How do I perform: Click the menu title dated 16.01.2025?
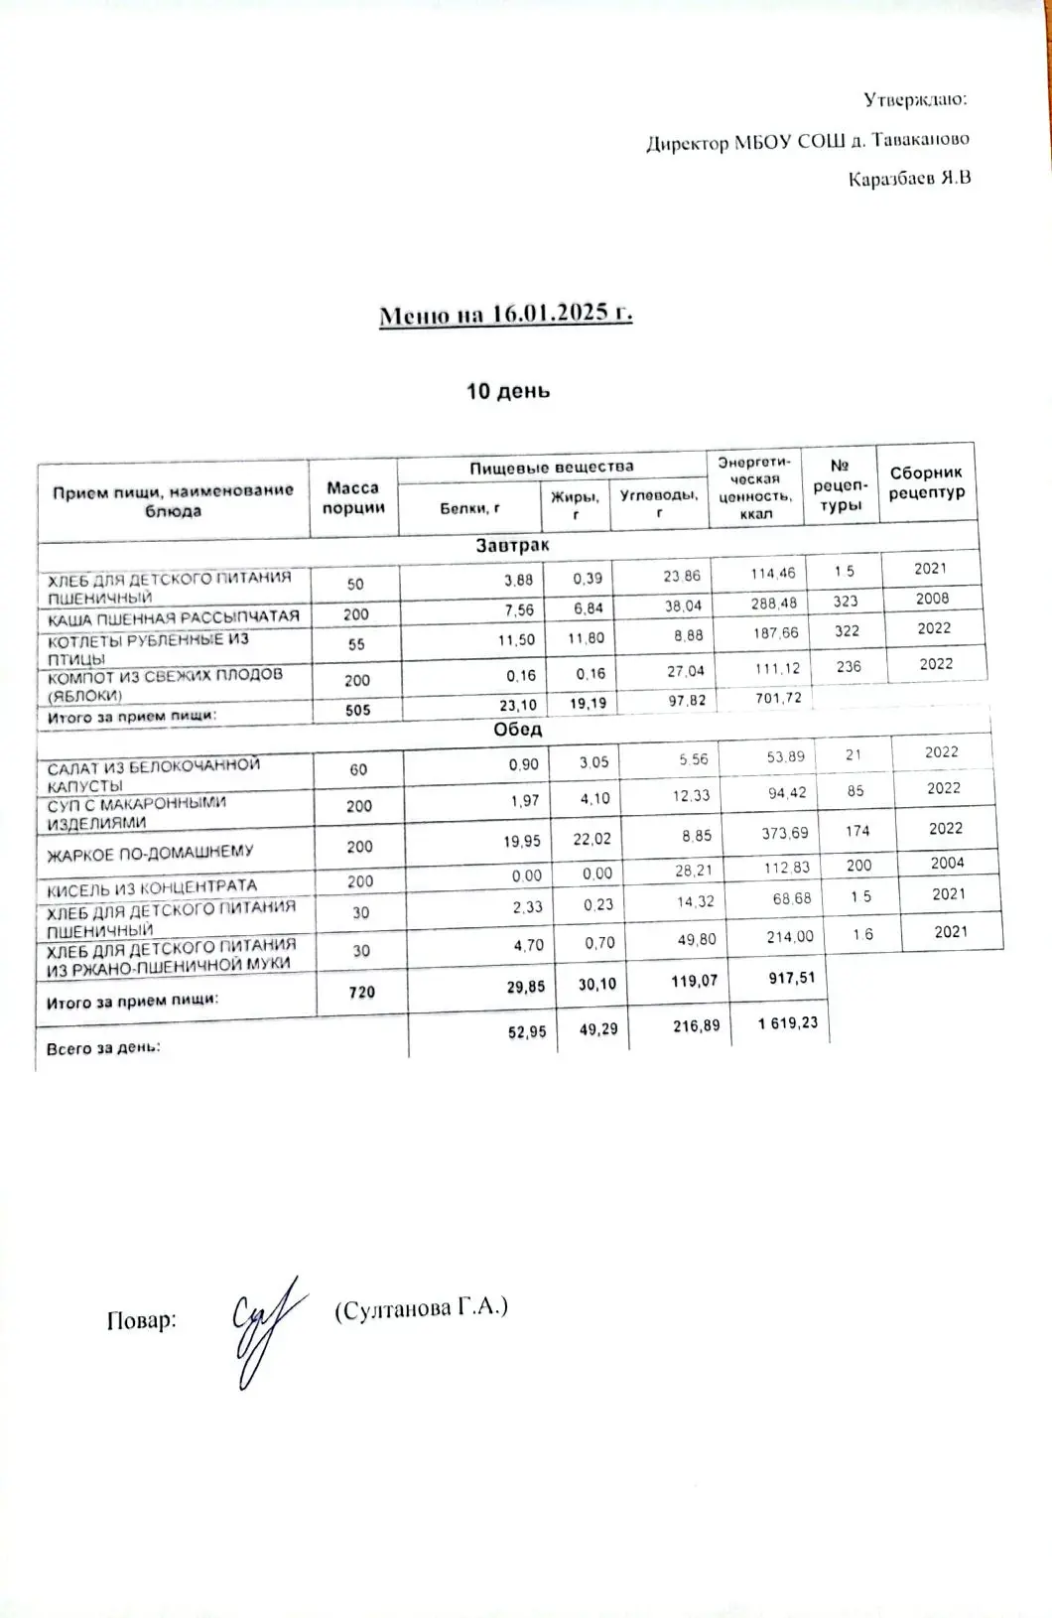tap(506, 315)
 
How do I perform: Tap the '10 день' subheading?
tap(508, 390)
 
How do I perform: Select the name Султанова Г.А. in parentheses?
tap(421, 1308)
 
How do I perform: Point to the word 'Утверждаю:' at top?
tap(915, 99)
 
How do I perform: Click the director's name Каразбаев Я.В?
tap(909, 179)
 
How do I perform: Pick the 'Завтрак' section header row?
tap(511, 546)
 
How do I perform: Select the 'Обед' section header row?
tap(517, 730)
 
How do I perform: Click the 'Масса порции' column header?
tap(353, 497)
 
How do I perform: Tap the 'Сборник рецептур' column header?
tap(926, 483)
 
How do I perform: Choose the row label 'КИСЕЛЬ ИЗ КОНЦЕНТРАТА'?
tap(152, 885)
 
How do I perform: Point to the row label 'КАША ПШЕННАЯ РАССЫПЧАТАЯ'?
tap(174, 616)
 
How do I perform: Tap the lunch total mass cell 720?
tap(362, 991)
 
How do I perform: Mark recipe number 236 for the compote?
tap(849, 667)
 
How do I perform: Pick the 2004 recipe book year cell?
tap(948, 863)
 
